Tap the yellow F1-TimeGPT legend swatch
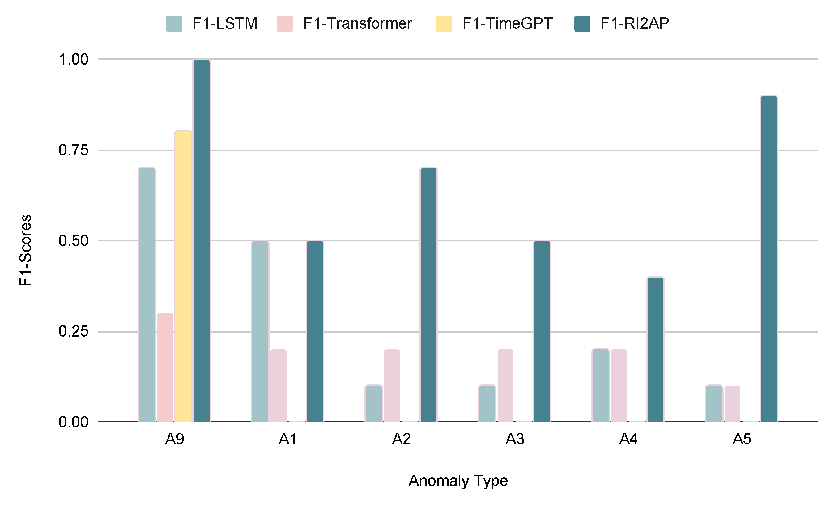pos(444,24)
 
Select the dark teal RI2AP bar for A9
pos(202,241)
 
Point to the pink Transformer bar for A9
pos(165,367)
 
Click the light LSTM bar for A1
pos(260,331)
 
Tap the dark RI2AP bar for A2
pos(428,295)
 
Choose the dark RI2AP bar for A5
pos(769,259)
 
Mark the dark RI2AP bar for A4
pos(655,349)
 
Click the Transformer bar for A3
pos(505,385)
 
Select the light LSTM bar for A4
pos(600,385)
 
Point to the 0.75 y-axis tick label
pos(74,150)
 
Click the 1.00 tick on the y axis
pos(74,60)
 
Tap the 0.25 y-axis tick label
pos(74,331)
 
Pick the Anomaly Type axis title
pos(457,481)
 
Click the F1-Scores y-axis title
pos(25,250)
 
